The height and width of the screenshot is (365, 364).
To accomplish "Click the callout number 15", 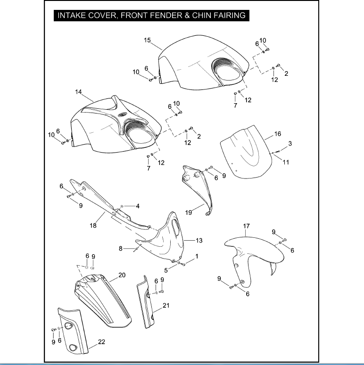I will click(x=147, y=41).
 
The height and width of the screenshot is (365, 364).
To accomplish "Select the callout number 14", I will click(x=78, y=92).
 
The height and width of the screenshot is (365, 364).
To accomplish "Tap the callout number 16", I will click(x=278, y=134).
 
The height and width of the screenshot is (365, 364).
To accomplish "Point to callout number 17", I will click(x=246, y=227).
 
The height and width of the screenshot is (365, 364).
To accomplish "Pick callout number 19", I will click(x=189, y=212).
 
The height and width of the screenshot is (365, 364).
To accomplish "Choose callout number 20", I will click(x=122, y=275).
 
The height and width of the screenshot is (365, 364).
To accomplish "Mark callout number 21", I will click(x=166, y=305).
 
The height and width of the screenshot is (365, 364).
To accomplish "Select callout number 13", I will click(x=199, y=241).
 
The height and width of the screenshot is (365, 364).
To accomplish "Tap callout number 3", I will click(x=290, y=143).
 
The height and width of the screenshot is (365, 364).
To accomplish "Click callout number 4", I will click(x=138, y=206).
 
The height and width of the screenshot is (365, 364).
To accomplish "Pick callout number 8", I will click(x=121, y=248).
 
